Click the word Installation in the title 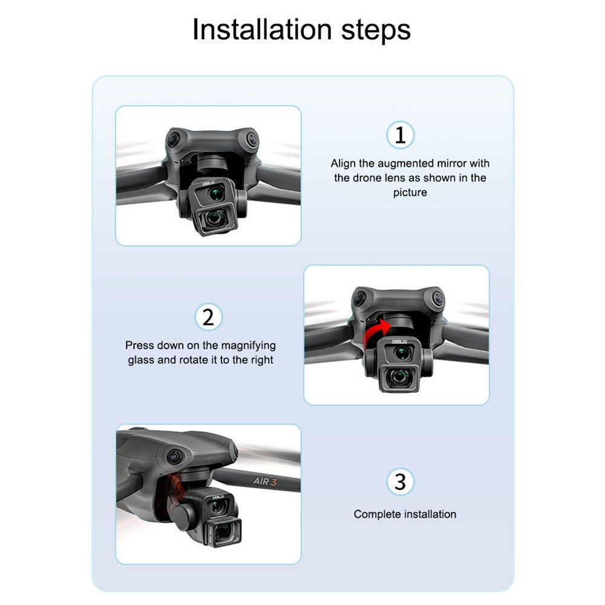click(262, 30)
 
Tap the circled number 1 click(401, 135)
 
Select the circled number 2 click(208, 317)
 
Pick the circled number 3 click(401, 482)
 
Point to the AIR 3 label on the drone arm click(265, 481)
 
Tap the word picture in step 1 click(410, 192)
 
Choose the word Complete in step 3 click(377, 514)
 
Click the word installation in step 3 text click(430, 514)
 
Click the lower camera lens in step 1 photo click(214, 218)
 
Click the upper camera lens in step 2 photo click(402, 352)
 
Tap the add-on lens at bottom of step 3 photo click(224, 533)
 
